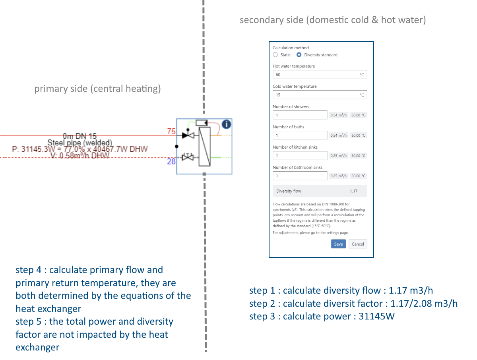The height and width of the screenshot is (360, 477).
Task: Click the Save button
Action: (x=338, y=244)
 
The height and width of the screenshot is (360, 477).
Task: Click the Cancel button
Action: (x=358, y=244)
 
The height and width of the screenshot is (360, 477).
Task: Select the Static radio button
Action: (x=275, y=55)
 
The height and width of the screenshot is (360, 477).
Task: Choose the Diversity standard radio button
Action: (x=299, y=55)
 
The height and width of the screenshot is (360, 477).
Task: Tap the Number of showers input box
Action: (x=300, y=115)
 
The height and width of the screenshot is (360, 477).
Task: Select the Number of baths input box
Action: (x=300, y=135)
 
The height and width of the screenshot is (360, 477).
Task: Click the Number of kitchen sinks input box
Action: (x=300, y=156)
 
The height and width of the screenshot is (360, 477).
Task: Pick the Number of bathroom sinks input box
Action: (x=300, y=176)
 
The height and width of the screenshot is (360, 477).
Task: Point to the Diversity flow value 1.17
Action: (x=353, y=191)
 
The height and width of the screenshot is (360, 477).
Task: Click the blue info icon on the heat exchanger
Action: (x=226, y=124)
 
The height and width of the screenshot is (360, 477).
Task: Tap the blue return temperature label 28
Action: (x=171, y=161)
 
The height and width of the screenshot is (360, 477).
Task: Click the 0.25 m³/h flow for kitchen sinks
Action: (x=339, y=156)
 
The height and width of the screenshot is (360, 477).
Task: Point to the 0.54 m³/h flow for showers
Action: (x=339, y=115)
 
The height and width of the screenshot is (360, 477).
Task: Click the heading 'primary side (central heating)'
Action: (x=97, y=89)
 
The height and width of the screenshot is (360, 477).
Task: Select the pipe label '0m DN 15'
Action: (x=79, y=136)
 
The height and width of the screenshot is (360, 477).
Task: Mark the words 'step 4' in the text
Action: (x=28, y=270)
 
